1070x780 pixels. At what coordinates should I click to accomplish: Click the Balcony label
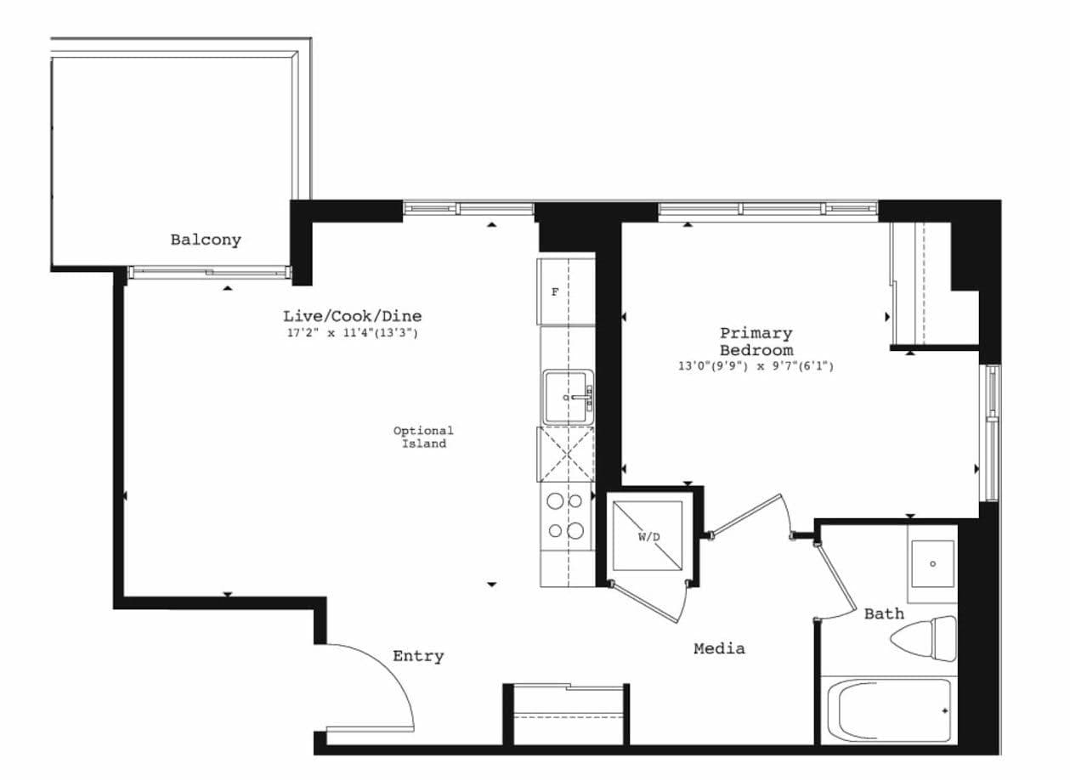point(206,240)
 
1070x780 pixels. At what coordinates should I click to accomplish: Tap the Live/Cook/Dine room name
point(352,316)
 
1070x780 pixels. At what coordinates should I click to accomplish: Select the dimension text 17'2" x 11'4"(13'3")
point(352,333)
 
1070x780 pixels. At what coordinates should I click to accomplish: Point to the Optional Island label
point(423,437)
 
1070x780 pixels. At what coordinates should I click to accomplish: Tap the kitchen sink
point(568,397)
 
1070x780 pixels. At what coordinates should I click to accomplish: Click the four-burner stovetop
point(566,516)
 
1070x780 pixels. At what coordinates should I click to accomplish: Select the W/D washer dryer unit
point(648,536)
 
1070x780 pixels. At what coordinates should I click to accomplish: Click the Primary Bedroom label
point(756,341)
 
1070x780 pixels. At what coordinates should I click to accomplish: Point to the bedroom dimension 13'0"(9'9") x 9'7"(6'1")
point(756,366)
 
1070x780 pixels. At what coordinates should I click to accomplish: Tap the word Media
point(719,648)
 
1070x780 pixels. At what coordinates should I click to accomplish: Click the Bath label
point(884,613)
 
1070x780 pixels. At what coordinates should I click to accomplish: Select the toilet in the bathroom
point(925,638)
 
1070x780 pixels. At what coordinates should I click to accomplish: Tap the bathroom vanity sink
point(932,563)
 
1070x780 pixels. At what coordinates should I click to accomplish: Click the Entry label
point(418,656)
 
